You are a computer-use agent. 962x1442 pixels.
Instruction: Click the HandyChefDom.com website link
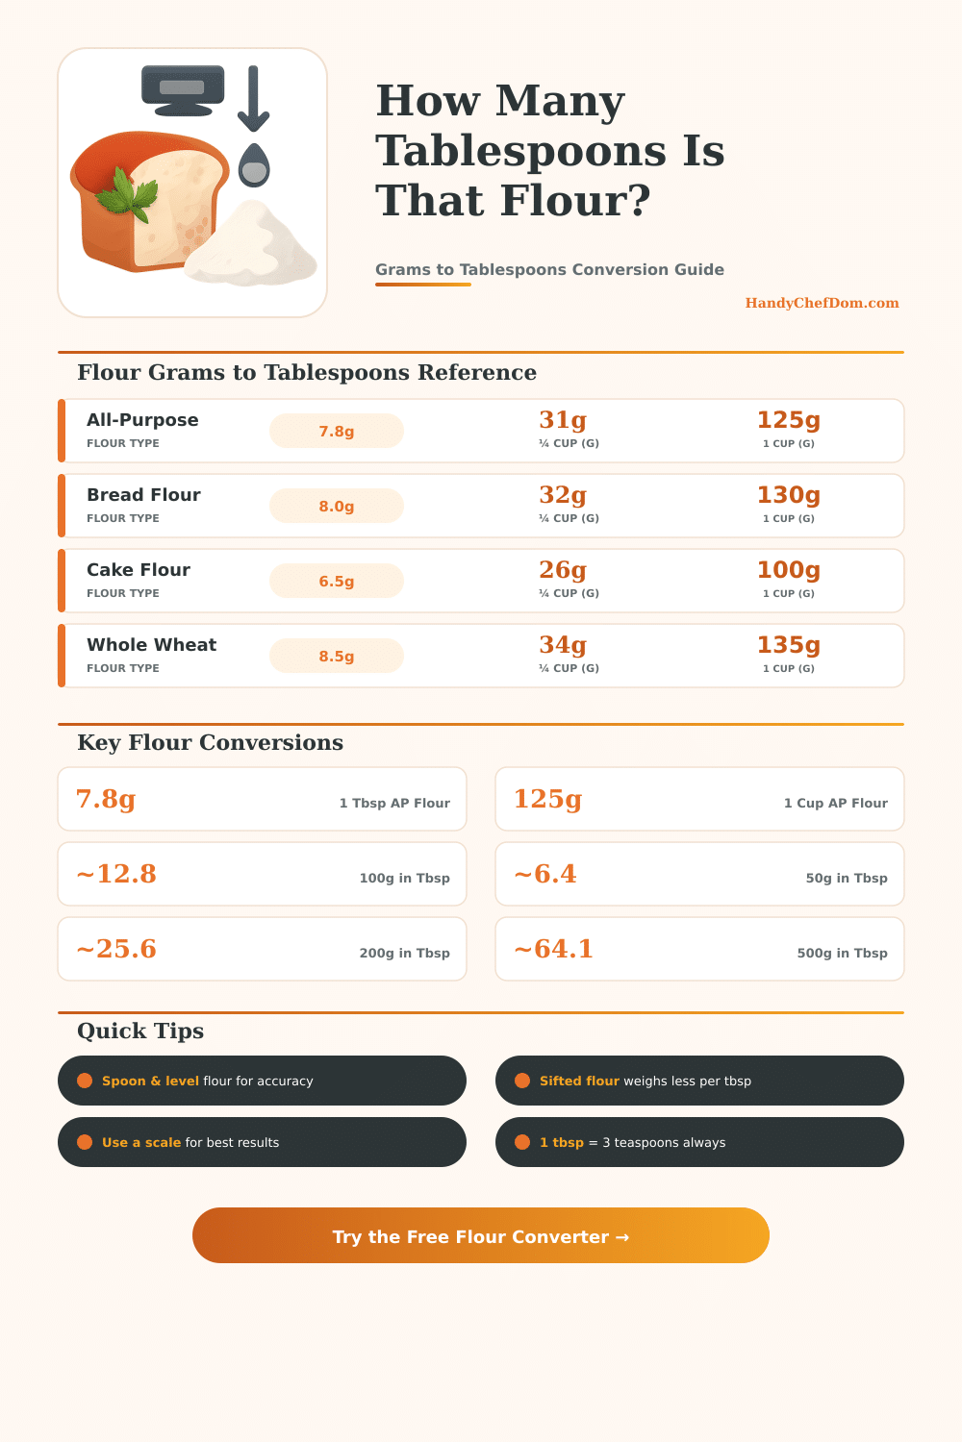(822, 303)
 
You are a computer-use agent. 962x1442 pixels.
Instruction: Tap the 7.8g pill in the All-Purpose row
(337, 431)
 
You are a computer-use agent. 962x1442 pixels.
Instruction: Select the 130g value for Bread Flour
(788, 495)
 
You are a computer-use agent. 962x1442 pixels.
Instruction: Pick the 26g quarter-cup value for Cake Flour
(563, 570)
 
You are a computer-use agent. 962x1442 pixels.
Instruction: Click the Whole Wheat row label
(151, 645)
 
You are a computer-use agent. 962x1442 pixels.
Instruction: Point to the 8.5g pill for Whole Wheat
(337, 656)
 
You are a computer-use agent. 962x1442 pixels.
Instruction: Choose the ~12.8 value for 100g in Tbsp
(116, 874)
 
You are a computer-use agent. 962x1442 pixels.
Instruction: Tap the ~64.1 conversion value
(554, 949)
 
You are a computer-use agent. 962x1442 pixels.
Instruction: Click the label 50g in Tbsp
(846, 878)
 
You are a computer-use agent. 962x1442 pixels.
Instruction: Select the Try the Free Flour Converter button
(481, 1236)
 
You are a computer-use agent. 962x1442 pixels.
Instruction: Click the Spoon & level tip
(207, 1081)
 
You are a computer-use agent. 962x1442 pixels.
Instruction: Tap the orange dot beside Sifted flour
(522, 1081)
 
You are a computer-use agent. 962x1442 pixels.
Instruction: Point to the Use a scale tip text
(190, 1142)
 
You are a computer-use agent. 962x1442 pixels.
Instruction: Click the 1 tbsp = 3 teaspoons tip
(632, 1142)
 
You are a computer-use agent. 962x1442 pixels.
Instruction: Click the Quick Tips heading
(140, 1031)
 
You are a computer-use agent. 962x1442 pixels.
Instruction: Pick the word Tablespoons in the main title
(520, 151)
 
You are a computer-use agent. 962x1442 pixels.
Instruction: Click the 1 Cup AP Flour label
(835, 803)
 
